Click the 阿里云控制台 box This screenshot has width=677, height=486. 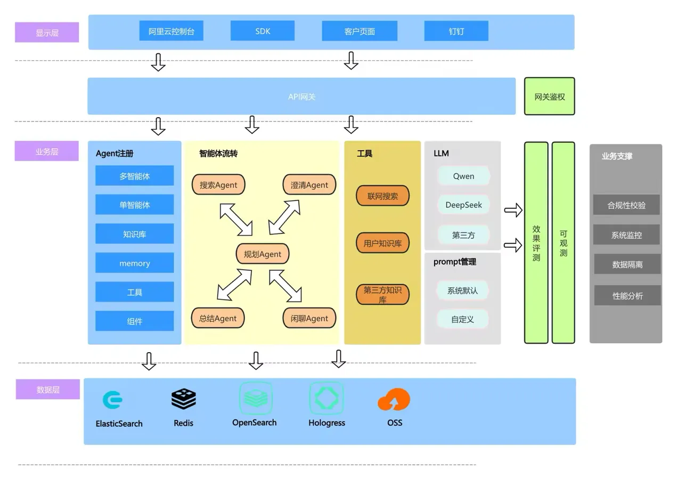pyautogui.click(x=171, y=31)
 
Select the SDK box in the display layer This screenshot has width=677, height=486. pyautogui.click(x=262, y=31)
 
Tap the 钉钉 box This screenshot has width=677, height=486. pyautogui.click(x=456, y=31)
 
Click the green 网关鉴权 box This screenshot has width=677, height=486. pyautogui.click(x=549, y=96)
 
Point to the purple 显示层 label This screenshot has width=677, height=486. pyautogui.click(x=47, y=33)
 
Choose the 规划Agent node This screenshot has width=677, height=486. pyautogui.click(x=262, y=254)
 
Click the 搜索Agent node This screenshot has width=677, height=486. pyautogui.click(x=218, y=185)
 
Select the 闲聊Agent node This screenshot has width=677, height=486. pyautogui.click(x=309, y=318)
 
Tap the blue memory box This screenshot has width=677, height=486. pyautogui.click(x=134, y=263)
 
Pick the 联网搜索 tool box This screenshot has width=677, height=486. pyautogui.click(x=382, y=196)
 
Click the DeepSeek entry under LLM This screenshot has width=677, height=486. pyautogui.click(x=463, y=205)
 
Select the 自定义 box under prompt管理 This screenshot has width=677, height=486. pyautogui.click(x=462, y=320)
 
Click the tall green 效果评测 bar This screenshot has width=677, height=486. pyautogui.click(x=536, y=242)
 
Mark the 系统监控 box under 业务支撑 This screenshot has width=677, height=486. pyautogui.click(x=626, y=235)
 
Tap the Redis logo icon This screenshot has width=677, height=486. pyautogui.click(x=183, y=399)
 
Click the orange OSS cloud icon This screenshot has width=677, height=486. pyautogui.click(x=394, y=400)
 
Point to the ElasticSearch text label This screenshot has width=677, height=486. pyautogui.click(x=119, y=424)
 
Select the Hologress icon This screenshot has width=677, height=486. pyautogui.click(x=327, y=398)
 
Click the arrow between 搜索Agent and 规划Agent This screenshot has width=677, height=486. pyautogui.click(x=236, y=219)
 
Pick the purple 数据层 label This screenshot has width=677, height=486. pyautogui.click(x=47, y=390)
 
